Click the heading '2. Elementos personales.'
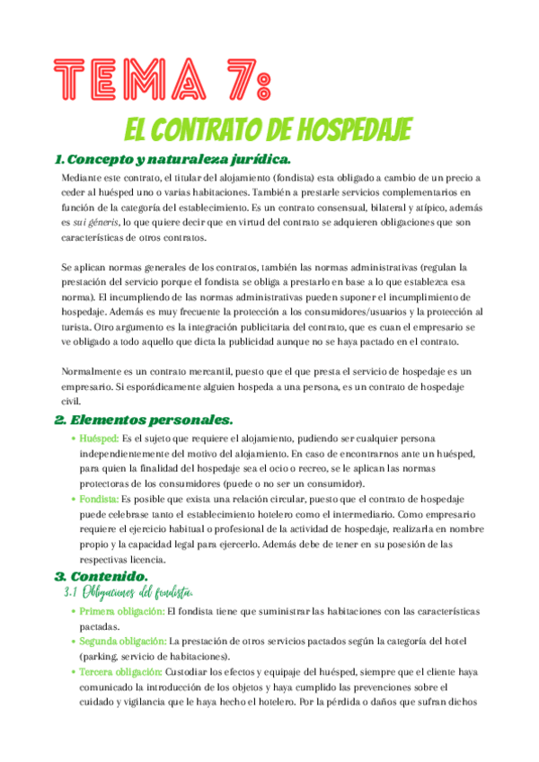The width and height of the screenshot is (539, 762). coord(144,420)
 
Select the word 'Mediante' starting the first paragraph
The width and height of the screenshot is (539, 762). coord(85,179)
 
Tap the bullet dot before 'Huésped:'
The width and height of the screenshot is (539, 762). coord(73,439)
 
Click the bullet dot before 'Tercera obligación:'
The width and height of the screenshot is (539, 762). coord(73,671)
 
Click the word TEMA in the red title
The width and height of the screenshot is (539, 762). coord(126,82)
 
